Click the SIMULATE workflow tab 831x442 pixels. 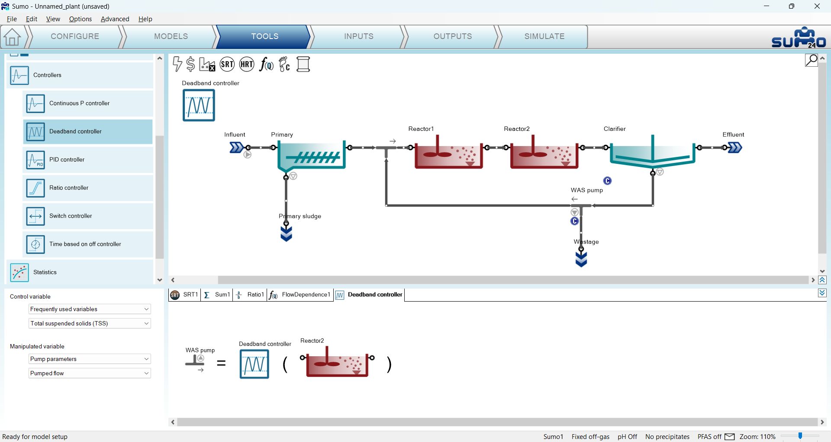pos(544,36)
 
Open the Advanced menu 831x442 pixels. pos(115,19)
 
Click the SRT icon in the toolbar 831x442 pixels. pos(227,65)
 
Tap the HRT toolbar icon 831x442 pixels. pos(247,65)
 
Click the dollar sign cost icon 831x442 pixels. pos(190,64)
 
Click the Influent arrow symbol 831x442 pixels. pos(236,148)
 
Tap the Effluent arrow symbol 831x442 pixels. pos(735,148)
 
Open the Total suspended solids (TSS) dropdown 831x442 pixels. pos(90,323)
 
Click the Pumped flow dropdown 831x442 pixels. pos(90,373)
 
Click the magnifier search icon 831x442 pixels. pos(812,60)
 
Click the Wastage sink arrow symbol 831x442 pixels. pos(581,259)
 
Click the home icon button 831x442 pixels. pos(12,37)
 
